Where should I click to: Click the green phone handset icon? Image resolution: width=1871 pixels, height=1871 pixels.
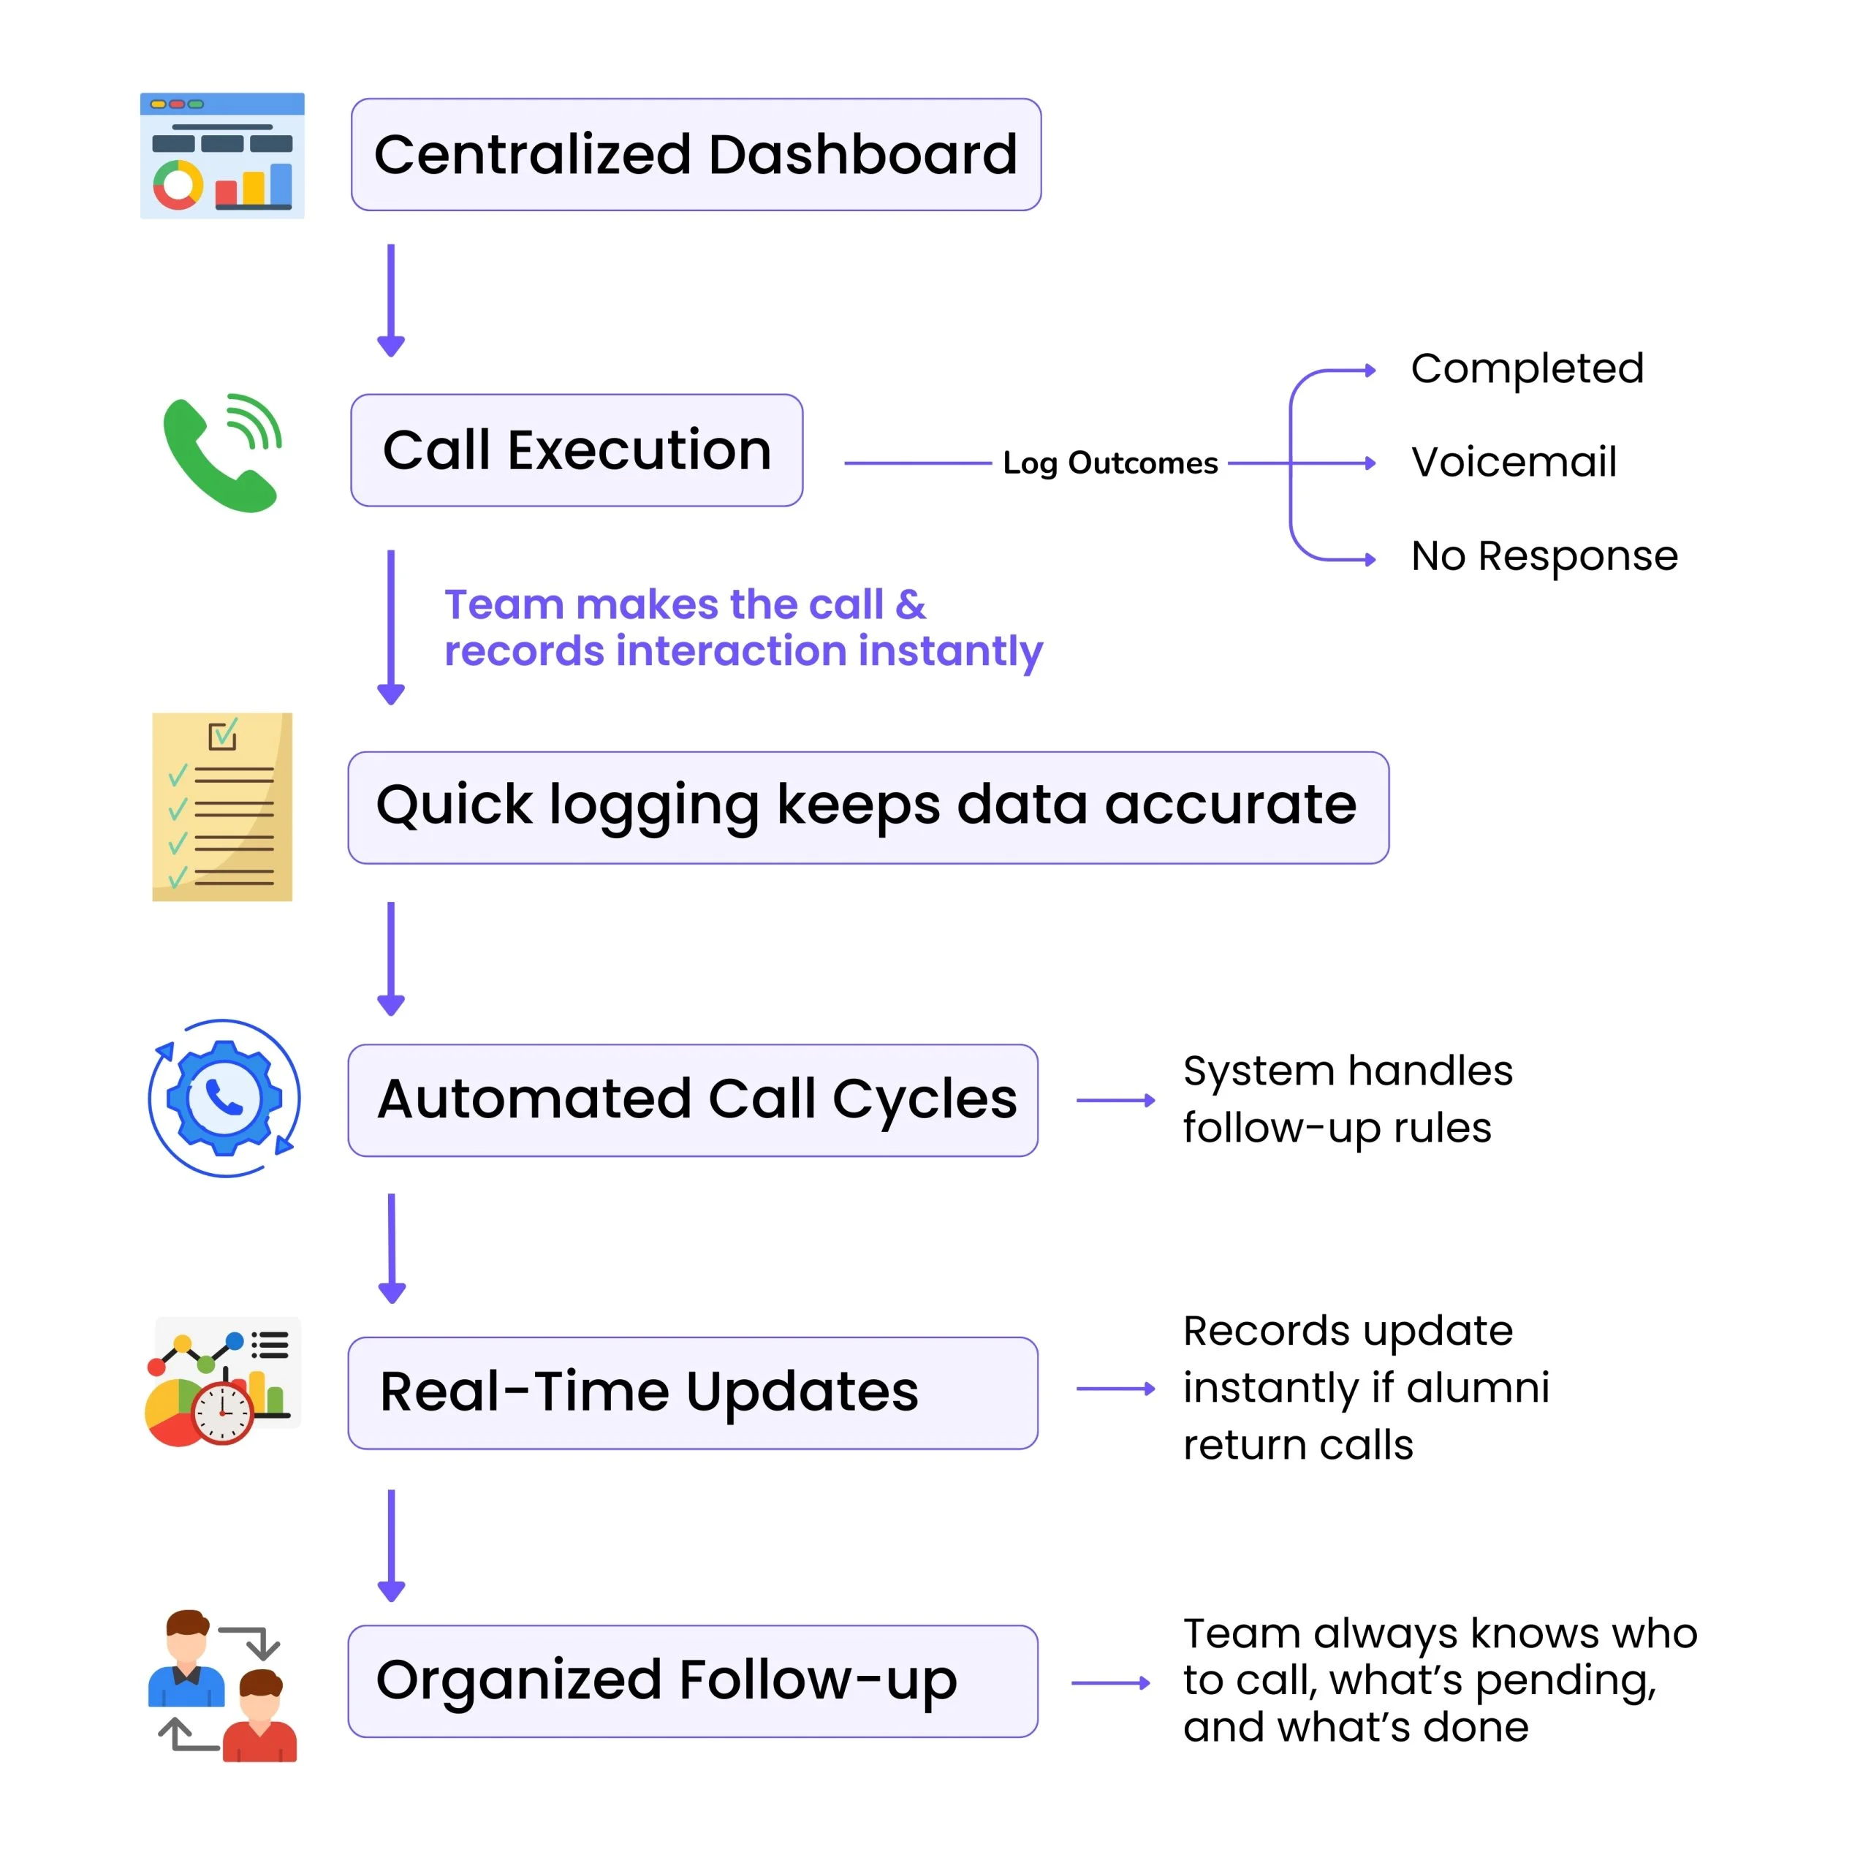click(221, 452)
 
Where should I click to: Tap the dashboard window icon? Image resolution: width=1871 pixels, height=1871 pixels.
click(221, 155)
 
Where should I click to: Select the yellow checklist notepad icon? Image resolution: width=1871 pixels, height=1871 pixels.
click(221, 807)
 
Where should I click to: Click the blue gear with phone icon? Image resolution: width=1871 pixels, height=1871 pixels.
click(224, 1098)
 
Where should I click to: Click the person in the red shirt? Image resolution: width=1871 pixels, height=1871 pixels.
click(259, 1715)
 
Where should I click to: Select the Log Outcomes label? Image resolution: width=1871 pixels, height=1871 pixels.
click(1110, 463)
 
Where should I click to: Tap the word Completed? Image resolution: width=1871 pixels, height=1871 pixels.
click(1527, 368)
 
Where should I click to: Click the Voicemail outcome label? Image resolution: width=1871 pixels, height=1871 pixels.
click(1514, 462)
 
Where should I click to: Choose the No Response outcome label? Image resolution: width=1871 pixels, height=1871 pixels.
click(1544, 557)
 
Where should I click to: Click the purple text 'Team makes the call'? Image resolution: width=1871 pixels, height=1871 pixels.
click(664, 604)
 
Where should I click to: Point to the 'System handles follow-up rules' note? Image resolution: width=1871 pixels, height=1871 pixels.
click(1347, 1099)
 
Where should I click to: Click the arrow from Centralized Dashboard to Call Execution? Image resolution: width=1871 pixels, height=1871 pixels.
click(391, 300)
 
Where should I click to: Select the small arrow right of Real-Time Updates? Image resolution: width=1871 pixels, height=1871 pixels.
click(1115, 1389)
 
